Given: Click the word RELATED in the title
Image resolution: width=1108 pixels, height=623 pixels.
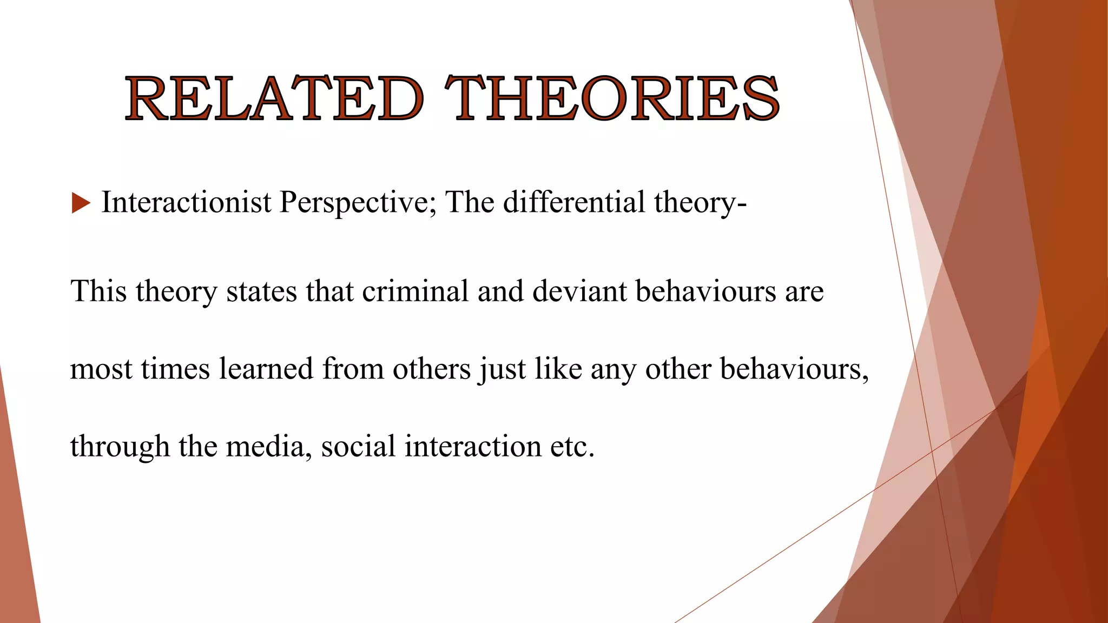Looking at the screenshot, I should coord(274,98).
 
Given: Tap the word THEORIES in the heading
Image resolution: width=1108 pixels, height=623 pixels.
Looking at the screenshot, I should coord(611,98).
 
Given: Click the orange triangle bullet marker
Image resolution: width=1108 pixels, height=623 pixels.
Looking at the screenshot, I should coord(81,203).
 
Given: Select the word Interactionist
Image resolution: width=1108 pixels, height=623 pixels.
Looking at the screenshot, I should coord(186,202).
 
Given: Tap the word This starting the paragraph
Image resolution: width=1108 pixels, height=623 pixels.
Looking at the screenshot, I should coord(98,291).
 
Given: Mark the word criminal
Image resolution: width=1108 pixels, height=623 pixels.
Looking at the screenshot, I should coord(415,291).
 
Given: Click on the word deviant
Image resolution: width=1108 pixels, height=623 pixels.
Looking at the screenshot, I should coord(579,291).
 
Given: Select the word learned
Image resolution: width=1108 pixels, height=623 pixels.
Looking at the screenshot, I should coord(266,369).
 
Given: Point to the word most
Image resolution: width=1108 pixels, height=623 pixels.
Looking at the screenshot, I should coord(101,370).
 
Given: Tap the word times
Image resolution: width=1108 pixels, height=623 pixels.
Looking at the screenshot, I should coord(175,369).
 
